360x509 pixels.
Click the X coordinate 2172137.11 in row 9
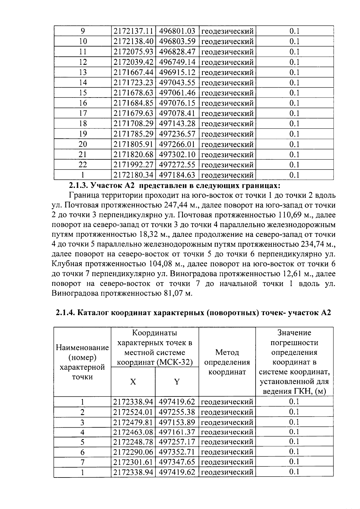[x=133, y=31]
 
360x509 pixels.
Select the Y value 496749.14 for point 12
[x=177, y=62]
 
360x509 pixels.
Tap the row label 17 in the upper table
[x=83, y=113]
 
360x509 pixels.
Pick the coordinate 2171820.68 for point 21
[x=133, y=155]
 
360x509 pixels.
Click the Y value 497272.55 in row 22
[x=177, y=165]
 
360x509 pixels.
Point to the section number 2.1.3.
[x=79, y=185]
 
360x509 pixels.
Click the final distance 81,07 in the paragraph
[x=173, y=293]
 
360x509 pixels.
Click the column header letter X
[x=133, y=382]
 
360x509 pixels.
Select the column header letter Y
[x=177, y=382]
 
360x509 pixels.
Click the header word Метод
[x=227, y=352]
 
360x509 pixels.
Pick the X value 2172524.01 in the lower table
[x=133, y=412]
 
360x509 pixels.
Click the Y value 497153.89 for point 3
[x=177, y=422]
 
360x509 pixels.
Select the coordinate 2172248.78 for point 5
[x=133, y=442]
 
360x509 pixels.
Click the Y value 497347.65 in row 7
[x=177, y=462]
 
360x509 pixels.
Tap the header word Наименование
[x=82, y=348]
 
